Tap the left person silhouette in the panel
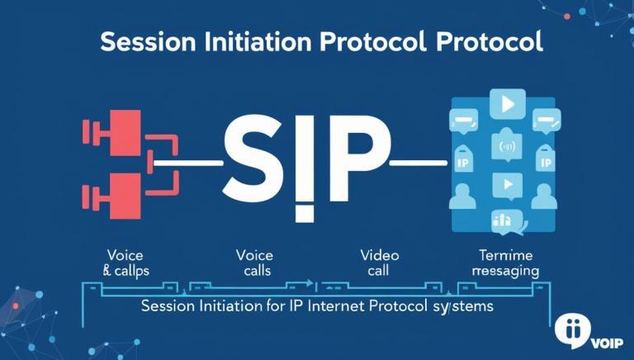462,197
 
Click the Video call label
379,263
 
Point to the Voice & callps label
125,263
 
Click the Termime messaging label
505,263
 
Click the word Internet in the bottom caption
316,306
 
